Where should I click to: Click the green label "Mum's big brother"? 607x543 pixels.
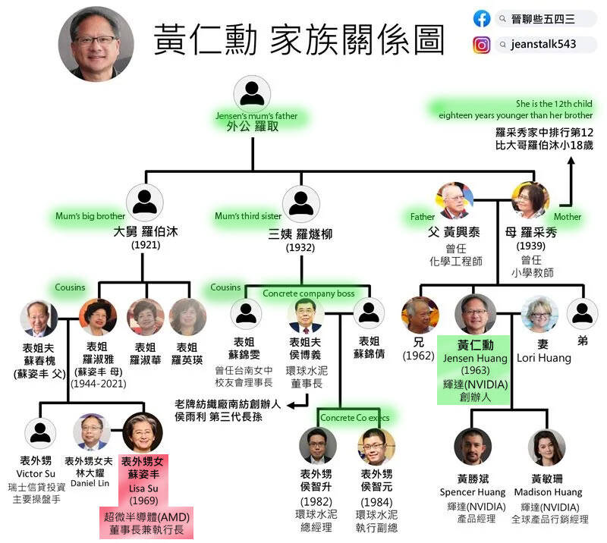click(90, 216)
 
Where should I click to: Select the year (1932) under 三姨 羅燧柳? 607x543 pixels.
click(300, 247)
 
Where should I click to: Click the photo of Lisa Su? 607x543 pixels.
click(143, 432)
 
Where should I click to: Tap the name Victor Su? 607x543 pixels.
click(40, 473)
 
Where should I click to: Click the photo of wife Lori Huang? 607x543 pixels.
click(539, 314)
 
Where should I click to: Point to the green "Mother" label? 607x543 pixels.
click(567, 216)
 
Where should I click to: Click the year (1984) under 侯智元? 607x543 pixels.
click(376, 501)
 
